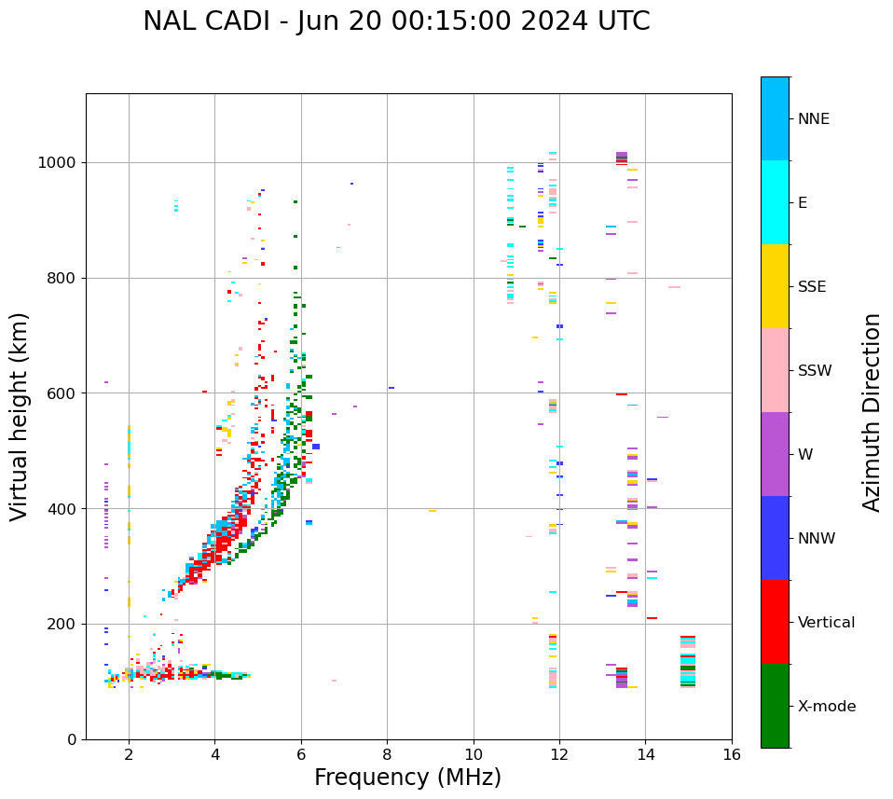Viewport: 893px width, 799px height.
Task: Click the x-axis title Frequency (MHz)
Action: [x=407, y=778]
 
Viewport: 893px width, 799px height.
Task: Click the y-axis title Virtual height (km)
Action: [x=20, y=417]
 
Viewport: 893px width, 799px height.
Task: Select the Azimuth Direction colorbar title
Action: [x=872, y=412]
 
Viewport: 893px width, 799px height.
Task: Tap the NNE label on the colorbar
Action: [x=813, y=119]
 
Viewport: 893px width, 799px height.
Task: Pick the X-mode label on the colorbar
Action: [x=827, y=707]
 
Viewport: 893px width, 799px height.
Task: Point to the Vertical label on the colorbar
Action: [x=826, y=623]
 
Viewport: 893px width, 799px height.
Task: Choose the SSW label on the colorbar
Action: [x=815, y=371]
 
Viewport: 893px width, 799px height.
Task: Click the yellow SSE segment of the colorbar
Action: [x=775, y=286]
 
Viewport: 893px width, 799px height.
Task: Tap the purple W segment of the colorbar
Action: [x=775, y=454]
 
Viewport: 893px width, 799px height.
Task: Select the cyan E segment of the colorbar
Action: [x=775, y=202]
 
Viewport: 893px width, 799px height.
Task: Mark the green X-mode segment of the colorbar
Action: [x=775, y=706]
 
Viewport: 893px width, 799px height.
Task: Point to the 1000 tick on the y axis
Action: [x=60, y=163]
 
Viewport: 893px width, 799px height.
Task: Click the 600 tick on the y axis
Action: [x=64, y=393]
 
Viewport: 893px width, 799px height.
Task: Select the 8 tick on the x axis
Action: [x=387, y=754]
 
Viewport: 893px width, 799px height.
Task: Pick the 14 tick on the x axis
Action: [x=645, y=754]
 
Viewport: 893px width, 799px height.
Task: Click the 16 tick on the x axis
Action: [x=732, y=754]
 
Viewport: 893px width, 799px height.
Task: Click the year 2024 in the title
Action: [x=561, y=21]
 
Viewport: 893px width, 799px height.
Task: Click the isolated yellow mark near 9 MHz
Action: [x=433, y=511]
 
